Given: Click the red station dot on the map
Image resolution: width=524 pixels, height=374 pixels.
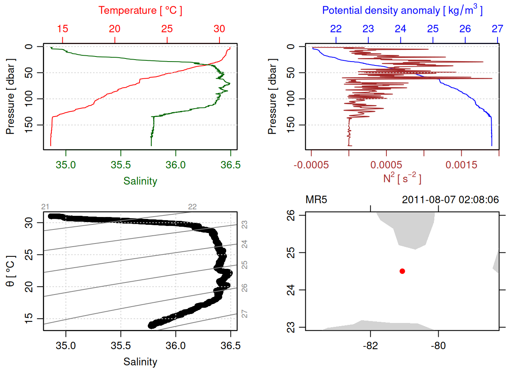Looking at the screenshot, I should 402,271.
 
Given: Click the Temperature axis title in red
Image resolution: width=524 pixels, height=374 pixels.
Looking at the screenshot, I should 140,11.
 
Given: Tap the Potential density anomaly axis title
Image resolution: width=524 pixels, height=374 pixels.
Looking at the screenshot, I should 402,11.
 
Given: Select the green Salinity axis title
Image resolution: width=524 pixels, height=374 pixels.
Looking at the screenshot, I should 140,181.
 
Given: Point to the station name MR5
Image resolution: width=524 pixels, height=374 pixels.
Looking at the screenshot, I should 316,200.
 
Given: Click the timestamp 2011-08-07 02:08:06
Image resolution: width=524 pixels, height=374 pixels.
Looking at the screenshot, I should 450,200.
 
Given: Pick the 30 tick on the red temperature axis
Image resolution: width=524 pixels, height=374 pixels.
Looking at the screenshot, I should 220,29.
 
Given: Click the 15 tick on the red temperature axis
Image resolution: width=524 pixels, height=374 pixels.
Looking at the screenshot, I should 62,29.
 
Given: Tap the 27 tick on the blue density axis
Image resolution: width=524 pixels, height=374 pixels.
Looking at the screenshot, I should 497,29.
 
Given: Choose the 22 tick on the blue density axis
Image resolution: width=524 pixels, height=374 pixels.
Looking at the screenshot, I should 336,29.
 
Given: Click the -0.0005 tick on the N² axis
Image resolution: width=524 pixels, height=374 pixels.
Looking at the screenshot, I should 311,165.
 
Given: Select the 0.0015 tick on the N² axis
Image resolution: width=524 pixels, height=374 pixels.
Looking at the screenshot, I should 462,165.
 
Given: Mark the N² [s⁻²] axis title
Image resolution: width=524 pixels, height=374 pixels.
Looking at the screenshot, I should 402,178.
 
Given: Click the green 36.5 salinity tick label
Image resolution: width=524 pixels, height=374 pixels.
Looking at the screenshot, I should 230,165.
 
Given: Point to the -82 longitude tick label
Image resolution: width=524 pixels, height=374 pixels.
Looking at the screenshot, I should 370,346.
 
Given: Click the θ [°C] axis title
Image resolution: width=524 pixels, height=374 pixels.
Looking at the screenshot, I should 11,271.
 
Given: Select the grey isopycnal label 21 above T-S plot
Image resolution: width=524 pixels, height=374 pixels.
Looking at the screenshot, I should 45,207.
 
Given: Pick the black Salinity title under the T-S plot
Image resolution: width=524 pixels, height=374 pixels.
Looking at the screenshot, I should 140,362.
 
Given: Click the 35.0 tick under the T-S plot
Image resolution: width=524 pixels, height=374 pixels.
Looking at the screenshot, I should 65,346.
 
